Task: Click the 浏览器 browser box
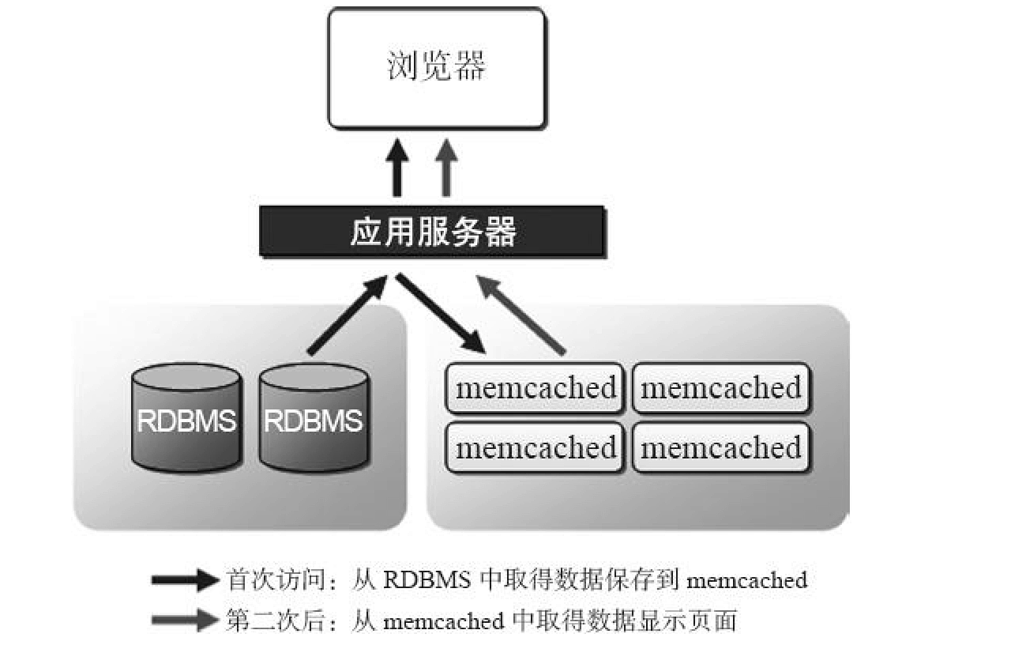click(436, 68)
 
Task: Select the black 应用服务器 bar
click(432, 232)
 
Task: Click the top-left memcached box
click(536, 388)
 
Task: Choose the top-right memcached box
click(721, 388)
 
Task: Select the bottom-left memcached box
click(536, 448)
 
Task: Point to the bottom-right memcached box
click(721, 448)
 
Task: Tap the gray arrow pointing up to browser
click(446, 168)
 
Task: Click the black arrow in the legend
click(185, 581)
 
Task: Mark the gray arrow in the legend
click(185, 621)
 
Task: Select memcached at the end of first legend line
click(747, 581)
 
